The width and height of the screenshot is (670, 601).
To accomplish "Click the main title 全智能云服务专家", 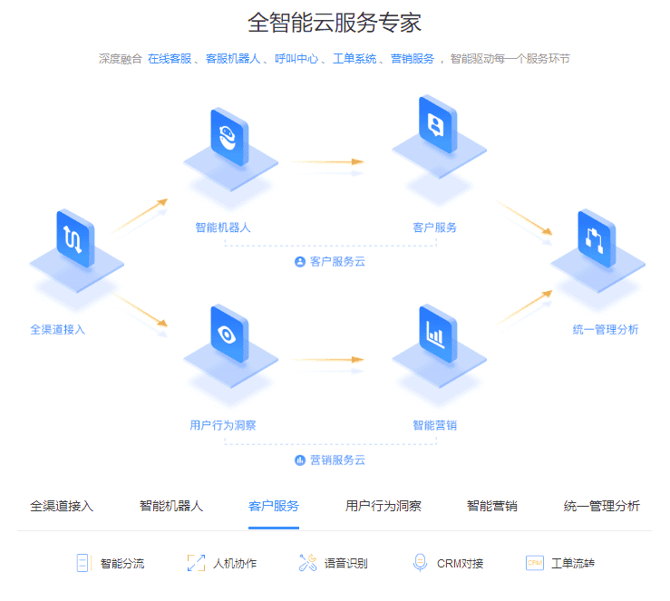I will [335, 23].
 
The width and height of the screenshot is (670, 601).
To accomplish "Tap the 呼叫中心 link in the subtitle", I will [296, 59].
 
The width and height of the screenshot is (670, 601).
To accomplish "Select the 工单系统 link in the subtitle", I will [354, 59].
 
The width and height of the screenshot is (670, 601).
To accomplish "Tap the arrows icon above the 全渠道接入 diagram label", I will [74, 237].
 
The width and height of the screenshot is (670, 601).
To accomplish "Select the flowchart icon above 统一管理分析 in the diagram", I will [596, 238].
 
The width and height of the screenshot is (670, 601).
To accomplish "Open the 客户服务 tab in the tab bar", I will [274, 506].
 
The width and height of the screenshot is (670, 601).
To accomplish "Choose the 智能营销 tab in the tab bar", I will [491, 506].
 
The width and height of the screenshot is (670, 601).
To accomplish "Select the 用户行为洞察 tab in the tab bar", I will [383, 506].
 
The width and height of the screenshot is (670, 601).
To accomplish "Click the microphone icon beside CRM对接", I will [419, 563].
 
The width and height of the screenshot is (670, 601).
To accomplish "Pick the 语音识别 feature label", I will [345, 564].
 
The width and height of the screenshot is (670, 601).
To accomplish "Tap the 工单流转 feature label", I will [573, 564].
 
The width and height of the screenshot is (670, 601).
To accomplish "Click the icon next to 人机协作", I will [196, 563].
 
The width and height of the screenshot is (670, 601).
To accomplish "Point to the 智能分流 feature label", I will [122, 564].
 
